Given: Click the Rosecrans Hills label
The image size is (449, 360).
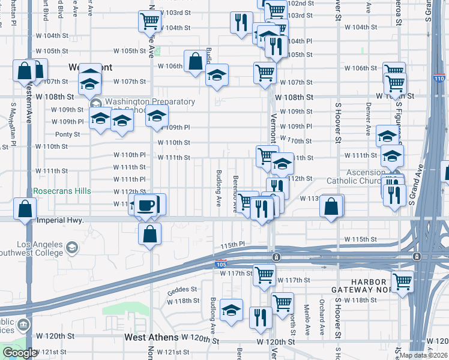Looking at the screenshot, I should coord(62,191).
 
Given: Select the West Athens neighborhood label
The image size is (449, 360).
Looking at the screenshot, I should coord(151,338).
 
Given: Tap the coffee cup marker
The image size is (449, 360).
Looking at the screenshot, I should coord(146,205).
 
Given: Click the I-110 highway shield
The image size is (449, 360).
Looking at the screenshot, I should coord(439,79).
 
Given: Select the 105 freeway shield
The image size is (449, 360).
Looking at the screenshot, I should coord(221,263).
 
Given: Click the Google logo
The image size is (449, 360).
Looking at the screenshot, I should coord(19,353).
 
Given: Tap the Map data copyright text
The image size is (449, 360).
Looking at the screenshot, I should coord(424,355).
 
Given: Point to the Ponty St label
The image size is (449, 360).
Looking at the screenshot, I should coord(67,134).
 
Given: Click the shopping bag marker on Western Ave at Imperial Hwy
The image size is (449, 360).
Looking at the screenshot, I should coord(25,210).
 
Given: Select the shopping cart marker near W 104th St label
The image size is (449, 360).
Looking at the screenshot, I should coord(149,22).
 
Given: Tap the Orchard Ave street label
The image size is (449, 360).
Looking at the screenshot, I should coord(322,317).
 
